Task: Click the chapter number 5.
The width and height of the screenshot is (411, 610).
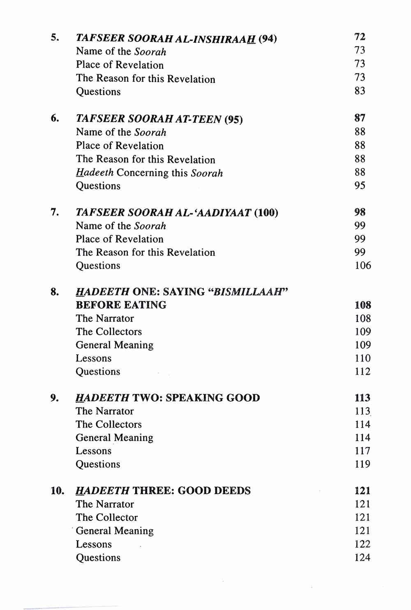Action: click(55, 38)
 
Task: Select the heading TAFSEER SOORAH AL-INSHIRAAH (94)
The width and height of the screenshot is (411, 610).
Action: click(176, 39)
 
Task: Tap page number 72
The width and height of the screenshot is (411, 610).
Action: click(360, 37)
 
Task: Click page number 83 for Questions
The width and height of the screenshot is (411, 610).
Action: click(360, 91)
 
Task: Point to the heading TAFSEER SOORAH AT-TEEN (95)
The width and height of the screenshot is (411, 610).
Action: click(159, 119)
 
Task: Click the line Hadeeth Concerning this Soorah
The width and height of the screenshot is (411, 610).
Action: click(149, 173)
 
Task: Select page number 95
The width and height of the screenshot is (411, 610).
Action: click(360, 186)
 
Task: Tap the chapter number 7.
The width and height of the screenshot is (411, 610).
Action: click(55, 212)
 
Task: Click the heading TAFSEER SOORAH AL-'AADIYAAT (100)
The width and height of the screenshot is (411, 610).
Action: click(177, 213)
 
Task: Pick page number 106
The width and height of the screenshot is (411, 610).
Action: click(363, 266)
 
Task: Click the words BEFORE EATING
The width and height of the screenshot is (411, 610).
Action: click(121, 305)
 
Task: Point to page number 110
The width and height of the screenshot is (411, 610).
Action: click(363, 358)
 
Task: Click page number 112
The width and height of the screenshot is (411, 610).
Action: click(363, 372)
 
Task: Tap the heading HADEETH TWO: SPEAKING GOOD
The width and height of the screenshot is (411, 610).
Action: click(168, 398)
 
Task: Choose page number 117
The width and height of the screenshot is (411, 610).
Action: click(363, 451)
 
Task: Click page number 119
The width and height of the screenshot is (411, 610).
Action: click(363, 464)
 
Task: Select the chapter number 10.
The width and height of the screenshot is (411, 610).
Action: click(58, 491)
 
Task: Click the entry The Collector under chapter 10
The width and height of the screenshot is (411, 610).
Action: click(106, 518)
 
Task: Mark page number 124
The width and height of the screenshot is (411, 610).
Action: click(362, 558)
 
